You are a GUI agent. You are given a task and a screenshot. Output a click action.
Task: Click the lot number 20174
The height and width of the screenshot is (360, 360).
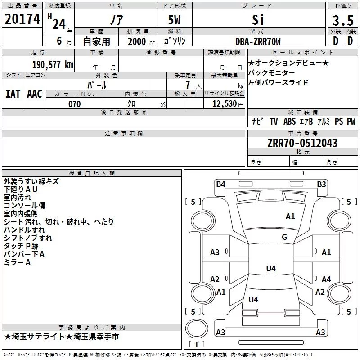(x=22, y=19)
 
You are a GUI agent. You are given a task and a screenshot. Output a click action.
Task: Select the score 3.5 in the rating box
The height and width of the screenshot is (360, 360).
(x=343, y=20)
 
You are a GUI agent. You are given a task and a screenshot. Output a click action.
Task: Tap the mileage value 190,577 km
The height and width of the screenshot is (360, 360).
(x=53, y=65)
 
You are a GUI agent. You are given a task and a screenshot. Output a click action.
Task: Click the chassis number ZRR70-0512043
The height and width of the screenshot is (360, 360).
(x=302, y=143)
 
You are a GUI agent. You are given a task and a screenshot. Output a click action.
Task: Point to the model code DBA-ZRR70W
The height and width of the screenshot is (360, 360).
(x=258, y=41)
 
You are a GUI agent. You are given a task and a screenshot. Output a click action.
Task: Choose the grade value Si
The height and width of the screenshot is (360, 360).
(x=258, y=20)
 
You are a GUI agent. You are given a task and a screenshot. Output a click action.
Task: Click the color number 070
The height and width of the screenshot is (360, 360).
(x=74, y=104)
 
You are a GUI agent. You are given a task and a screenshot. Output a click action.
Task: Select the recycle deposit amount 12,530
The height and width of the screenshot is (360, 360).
(x=225, y=104)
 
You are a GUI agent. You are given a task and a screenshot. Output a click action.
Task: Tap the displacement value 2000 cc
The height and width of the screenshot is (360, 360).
(x=141, y=42)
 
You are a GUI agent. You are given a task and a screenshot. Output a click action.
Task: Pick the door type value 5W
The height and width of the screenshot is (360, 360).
(x=174, y=20)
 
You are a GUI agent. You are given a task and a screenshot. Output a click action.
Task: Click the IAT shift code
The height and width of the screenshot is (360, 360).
(x=13, y=94)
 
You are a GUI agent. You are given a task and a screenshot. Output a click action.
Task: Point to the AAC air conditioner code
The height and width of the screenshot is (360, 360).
(x=35, y=94)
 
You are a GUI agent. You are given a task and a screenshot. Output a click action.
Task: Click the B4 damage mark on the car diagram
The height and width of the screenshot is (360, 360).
(x=220, y=184)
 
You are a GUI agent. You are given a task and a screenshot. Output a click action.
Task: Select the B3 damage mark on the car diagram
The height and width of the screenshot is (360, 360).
(x=321, y=184)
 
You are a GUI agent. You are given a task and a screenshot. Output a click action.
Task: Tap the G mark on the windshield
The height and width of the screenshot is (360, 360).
(x=284, y=237)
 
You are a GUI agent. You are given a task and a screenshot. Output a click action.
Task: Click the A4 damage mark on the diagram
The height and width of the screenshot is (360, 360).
(x=326, y=279)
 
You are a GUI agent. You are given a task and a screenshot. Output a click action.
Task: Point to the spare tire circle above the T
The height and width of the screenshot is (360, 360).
(x=197, y=328)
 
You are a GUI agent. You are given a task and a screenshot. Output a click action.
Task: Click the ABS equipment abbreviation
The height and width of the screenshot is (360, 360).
(x=289, y=121)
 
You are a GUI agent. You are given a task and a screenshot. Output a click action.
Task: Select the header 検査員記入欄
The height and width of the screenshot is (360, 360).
(x=92, y=173)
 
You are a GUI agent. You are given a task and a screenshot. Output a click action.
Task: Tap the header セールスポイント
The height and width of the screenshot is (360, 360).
(x=302, y=53)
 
